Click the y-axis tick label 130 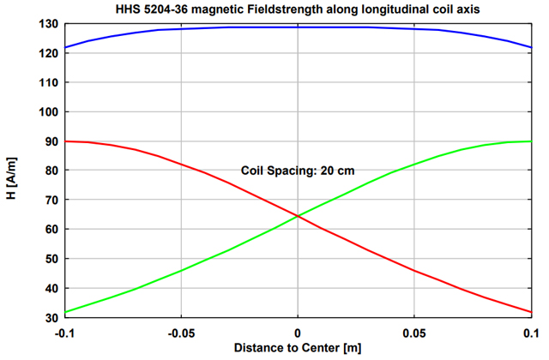49,24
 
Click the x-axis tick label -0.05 180,332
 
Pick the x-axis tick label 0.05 414,332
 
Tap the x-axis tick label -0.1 63,332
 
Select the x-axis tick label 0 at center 298,332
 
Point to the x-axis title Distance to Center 297,347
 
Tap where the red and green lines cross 298,215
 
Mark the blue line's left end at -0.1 64,47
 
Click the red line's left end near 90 64,141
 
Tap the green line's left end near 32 64,312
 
